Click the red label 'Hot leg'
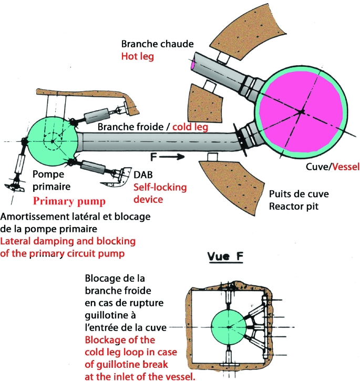pos(138,56)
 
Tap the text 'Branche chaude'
pos(151,44)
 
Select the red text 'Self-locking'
pos(160,187)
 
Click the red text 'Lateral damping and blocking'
pos(68,241)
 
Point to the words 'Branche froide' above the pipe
pos(125,127)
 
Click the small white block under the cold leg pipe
pos(213,157)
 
